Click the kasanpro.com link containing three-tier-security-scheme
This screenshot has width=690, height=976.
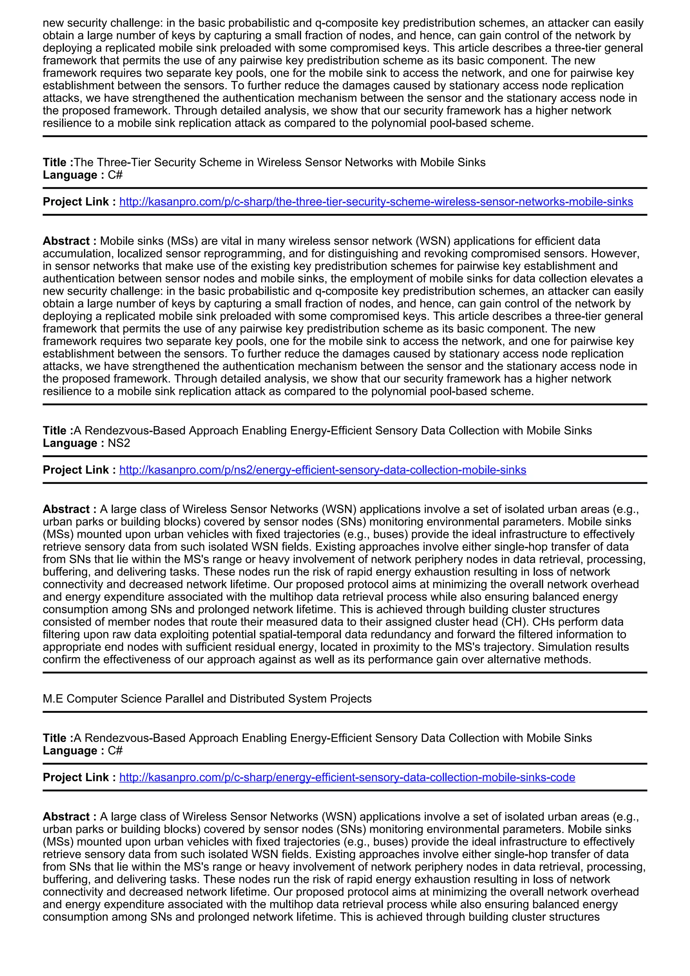[x=376, y=202]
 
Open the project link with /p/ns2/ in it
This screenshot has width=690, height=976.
[x=322, y=470]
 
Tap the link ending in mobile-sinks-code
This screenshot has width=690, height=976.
[x=347, y=777]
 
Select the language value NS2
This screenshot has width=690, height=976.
[x=119, y=444]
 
